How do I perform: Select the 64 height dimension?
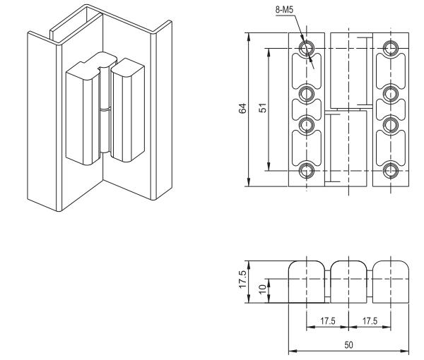pos(242,109)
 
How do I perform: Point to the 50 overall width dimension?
pos(349,346)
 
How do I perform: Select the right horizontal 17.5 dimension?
pos(370,321)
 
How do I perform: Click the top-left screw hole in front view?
pos(307,48)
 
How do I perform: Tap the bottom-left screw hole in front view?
pos(307,170)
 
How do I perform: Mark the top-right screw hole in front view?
pos(389,48)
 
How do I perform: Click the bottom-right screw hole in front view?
pos(389,170)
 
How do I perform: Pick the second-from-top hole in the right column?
pos(389,93)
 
